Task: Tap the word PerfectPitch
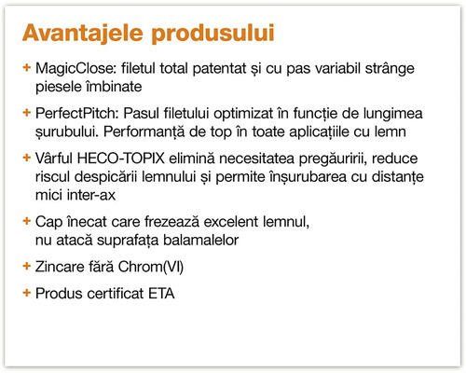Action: [75, 112]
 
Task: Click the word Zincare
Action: [62, 268]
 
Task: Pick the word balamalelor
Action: [213, 242]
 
